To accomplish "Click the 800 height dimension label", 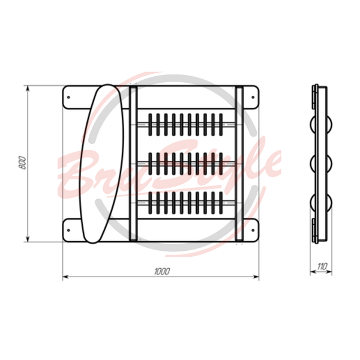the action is coord(22,163).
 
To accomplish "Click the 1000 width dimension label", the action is coord(162,271).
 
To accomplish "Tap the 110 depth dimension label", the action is coord(322,266).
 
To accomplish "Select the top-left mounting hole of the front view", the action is coord(68,97).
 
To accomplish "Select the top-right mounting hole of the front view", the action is coord(253,97).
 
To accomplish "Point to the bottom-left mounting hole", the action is coord(68,230).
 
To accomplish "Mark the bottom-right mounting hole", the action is coord(253,230).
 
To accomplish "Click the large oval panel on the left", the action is coord(102,163).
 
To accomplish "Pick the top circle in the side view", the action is coord(321,124).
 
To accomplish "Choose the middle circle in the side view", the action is coord(321,163).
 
